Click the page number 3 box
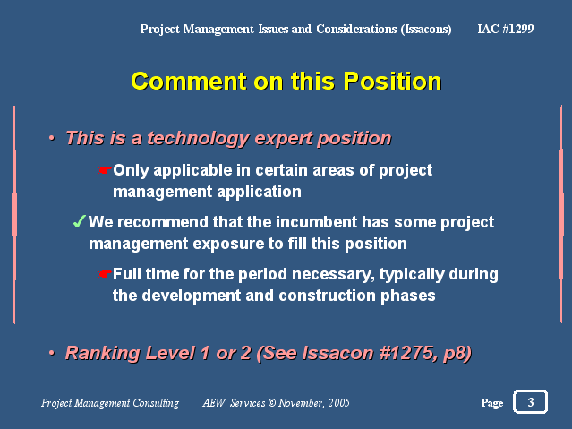point(530,401)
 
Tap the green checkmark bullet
point(79,221)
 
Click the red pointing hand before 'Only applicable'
point(105,170)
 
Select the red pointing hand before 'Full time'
point(105,274)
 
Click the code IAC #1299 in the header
point(506,29)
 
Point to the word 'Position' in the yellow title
point(392,81)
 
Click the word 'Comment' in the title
point(189,81)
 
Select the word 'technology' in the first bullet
point(198,139)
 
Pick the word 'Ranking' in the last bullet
point(103,354)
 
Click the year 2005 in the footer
point(338,403)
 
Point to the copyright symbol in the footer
point(272,403)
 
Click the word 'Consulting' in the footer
point(156,403)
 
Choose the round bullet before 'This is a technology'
point(52,138)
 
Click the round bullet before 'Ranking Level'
point(52,353)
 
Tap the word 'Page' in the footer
point(492,403)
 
